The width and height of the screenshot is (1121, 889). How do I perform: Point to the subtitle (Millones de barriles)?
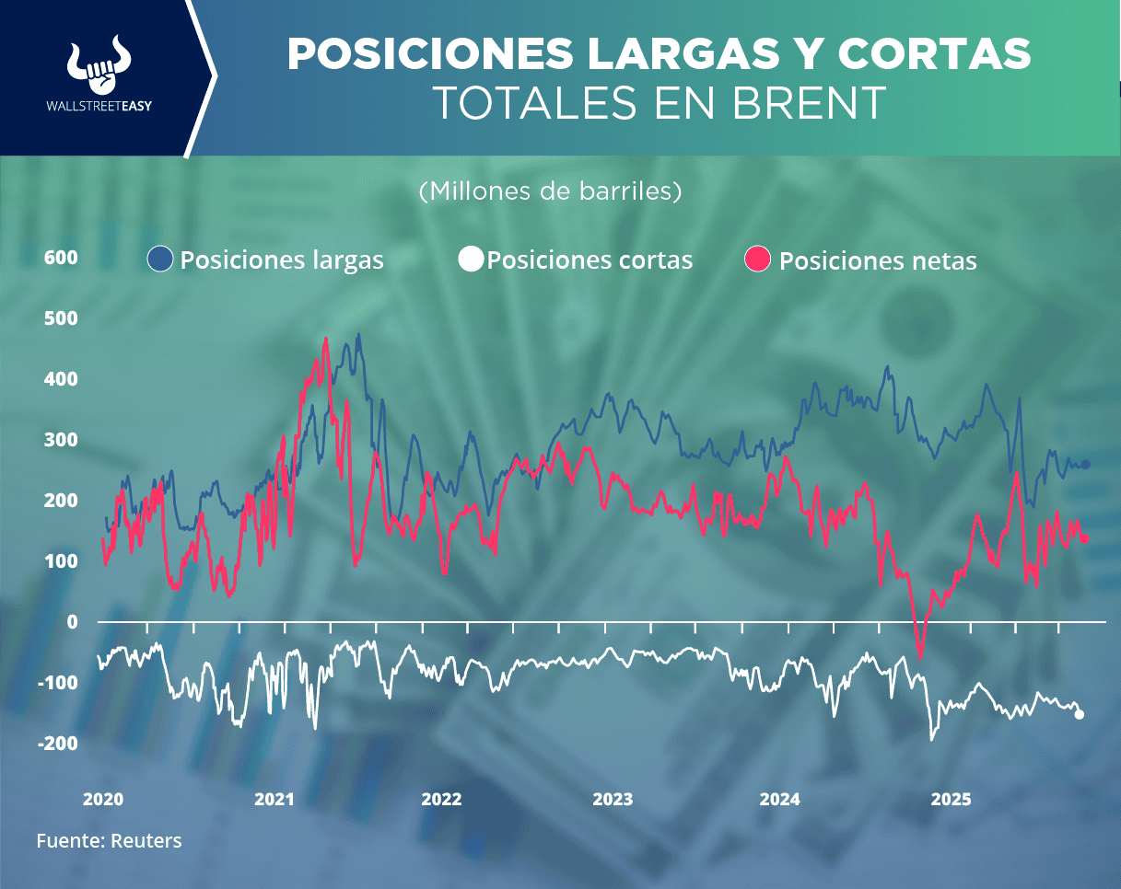[x=550, y=191]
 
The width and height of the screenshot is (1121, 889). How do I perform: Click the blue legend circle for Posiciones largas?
[x=160, y=260]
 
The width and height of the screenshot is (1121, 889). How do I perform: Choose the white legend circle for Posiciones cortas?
[x=471, y=260]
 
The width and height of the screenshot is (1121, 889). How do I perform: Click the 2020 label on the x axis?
[x=102, y=799]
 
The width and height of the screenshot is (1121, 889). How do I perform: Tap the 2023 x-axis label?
[x=613, y=799]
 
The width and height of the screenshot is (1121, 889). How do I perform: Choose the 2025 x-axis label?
[x=951, y=799]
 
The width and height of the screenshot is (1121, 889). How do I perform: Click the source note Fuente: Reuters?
[x=109, y=840]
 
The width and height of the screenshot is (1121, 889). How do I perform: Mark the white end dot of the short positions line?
[x=1080, y=714]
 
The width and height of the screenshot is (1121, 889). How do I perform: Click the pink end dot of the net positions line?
[x=1085, y=539]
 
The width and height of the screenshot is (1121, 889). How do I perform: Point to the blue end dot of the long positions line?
[x=1085, y=465]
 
